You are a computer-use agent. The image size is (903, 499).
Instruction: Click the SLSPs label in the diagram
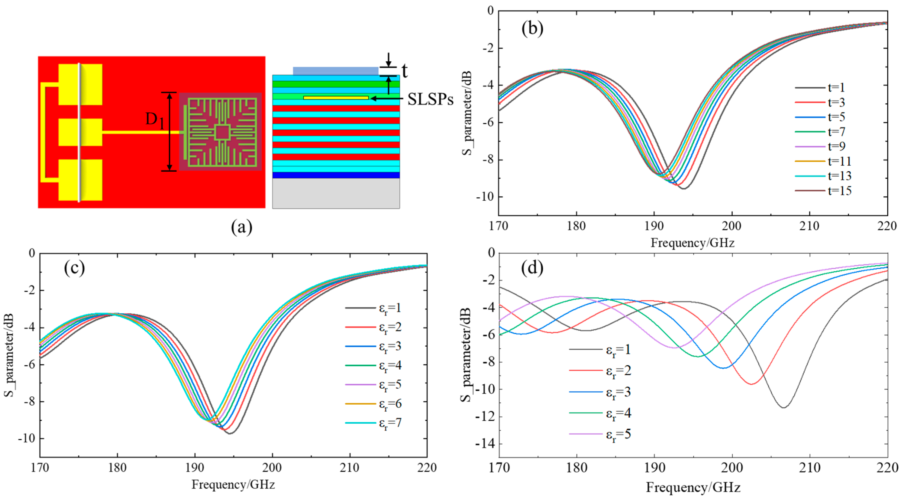pyautogui.click(x=430, y=100)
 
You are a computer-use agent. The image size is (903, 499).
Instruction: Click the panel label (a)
pyautogui.click(x=242, y=227)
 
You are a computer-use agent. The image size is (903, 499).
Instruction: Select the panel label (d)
pyautogui.click(x=532, y=268)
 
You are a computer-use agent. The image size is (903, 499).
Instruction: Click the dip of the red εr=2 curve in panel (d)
pyautogui.click(x=751, y=384)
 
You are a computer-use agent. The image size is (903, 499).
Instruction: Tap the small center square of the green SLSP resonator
pyautogui.click(x=222, y=132)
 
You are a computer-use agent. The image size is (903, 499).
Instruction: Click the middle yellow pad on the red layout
pyautogui.click(x=80, y=132)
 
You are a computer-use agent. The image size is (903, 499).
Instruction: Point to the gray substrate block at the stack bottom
pyautogui.click(x=336, y=194)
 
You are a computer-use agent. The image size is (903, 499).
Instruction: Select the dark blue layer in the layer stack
pyautogui.click(x=336, y=175)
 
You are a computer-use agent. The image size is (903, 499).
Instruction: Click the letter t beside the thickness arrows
pyautogui.click(x=404, y=71)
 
